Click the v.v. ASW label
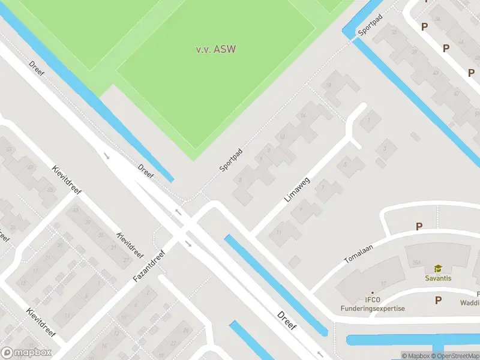click(x=215, y=49)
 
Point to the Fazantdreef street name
click(x=149, y=266)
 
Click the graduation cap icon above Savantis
click(x=438, y=269)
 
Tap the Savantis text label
click(x=438, y=278)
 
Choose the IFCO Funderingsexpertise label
click(x=372, y=304)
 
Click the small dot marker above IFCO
click(x=372, y=293)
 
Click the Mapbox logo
click(x=26, y=353)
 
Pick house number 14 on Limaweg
click(x=304, y=116)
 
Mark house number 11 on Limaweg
click(x=278, y=232)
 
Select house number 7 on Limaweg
click(x=323, y=188)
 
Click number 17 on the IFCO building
click(x=383, y=283)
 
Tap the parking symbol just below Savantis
click(x=438, y=300)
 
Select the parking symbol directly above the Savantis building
click(x=419, y=227)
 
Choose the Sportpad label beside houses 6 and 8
click(x=230, y=160)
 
